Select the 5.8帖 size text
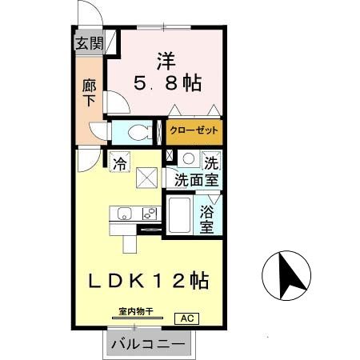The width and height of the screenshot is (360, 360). tap(166, 82)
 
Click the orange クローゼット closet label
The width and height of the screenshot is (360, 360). tap(193, 130)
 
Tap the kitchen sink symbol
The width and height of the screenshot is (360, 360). tap(123, 213)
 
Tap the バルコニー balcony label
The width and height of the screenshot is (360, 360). tap(147, 346)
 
